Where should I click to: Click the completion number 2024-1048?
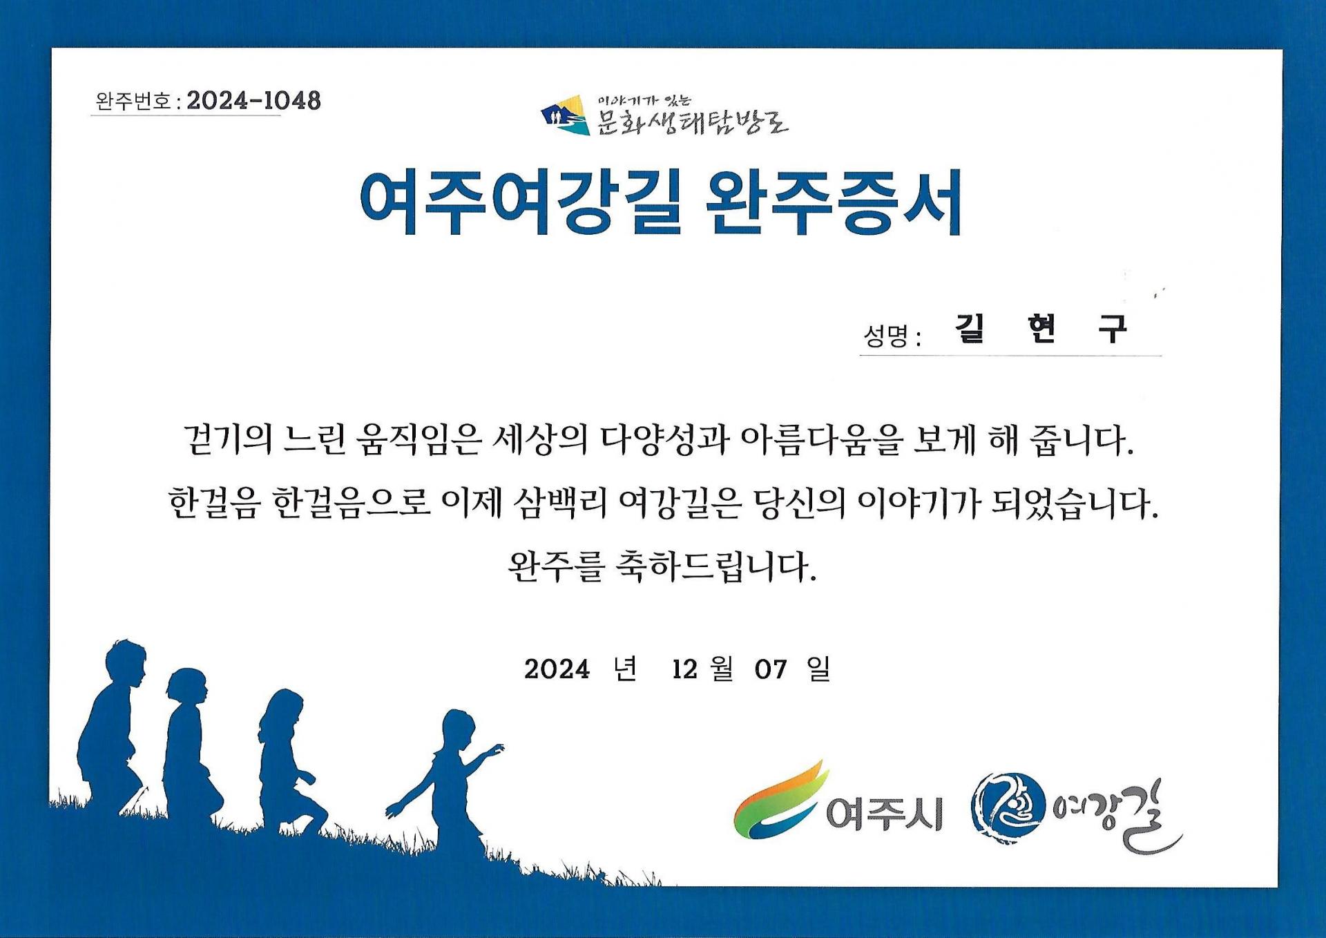(253, 101)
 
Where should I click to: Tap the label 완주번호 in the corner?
(133, 102)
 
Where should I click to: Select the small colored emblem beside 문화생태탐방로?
(566, 115)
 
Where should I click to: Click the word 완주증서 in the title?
(834, 202)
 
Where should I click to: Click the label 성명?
(885, 336)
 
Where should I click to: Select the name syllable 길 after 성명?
(970, 328)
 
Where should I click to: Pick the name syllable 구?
(1113, 328)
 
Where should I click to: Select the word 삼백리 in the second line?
(560, 503)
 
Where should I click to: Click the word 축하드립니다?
(715, 566)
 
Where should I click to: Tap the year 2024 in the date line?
(557, 669)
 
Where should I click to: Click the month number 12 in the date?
(684, 669)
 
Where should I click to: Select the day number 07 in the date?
(771, 669)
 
